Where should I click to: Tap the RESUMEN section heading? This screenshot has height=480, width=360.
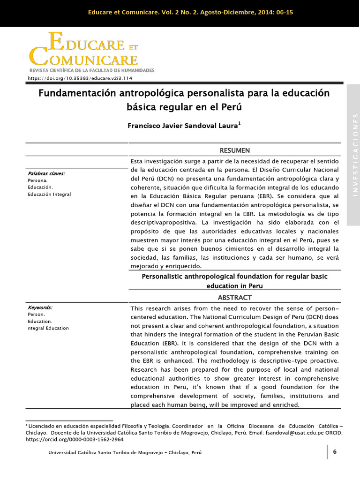[234, 150]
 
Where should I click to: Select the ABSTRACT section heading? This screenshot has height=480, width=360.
[234, 297]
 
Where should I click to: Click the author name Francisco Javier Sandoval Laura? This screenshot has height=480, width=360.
[184, 126]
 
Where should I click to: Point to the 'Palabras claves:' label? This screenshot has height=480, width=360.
[46, 173]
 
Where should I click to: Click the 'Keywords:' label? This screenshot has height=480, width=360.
[40, 307]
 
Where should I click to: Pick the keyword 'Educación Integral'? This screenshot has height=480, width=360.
[49, 194]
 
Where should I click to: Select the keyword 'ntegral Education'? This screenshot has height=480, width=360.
[48, 328]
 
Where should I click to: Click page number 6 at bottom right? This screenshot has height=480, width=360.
[335, 451]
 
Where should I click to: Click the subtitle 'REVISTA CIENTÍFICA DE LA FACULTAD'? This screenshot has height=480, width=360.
[91, 70]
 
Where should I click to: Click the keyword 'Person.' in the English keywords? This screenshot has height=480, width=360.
[37, 314]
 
